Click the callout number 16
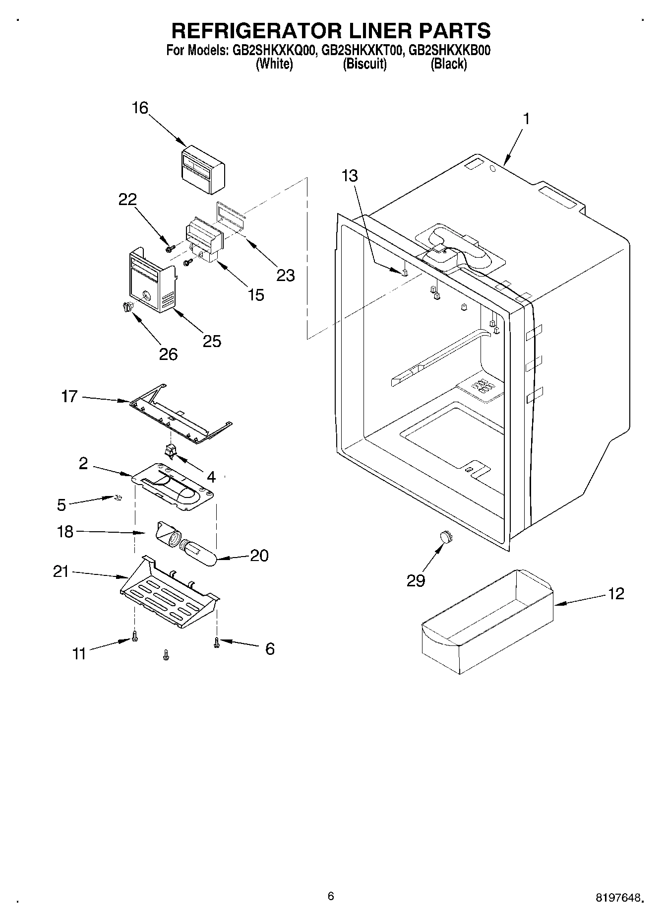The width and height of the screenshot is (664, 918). point(140,108)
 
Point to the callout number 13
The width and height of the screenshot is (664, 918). point(350,176)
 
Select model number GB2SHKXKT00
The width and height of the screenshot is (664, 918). point(361,50)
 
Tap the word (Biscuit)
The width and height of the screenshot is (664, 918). point(364,64)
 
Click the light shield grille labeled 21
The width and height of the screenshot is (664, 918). point(169,594)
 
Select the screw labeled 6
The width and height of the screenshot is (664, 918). point(216,643)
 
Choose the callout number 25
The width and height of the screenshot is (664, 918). point(212,341)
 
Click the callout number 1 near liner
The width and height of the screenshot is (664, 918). point(527,119)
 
